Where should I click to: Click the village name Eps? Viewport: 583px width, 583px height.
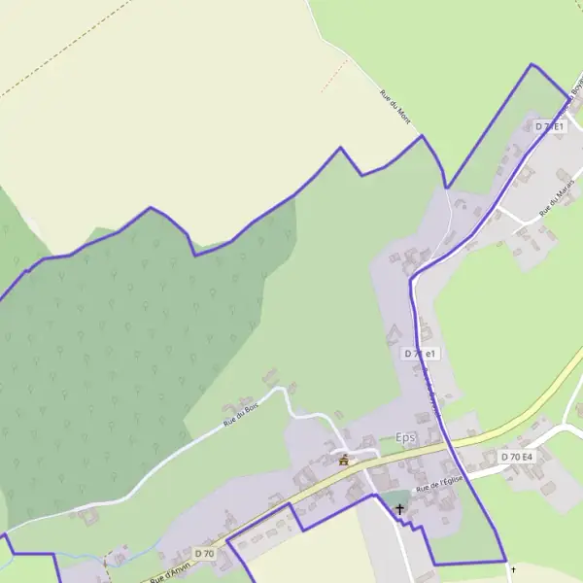(x=405, y=438)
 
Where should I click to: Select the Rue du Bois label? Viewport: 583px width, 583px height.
(x=242, y=415)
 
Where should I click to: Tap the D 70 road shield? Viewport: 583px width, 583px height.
(x=203, y=553)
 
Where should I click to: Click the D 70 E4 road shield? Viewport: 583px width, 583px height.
(x=516, y=457)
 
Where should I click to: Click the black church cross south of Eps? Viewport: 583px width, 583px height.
(x=398, y=508)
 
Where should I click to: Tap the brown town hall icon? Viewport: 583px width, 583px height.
(x=343, y=460)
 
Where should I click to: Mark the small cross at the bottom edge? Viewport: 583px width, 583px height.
(x=513, y=569)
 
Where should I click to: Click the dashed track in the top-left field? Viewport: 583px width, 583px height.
(x=49, y=74)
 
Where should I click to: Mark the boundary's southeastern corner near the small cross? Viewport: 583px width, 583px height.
(x=506, y=561)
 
